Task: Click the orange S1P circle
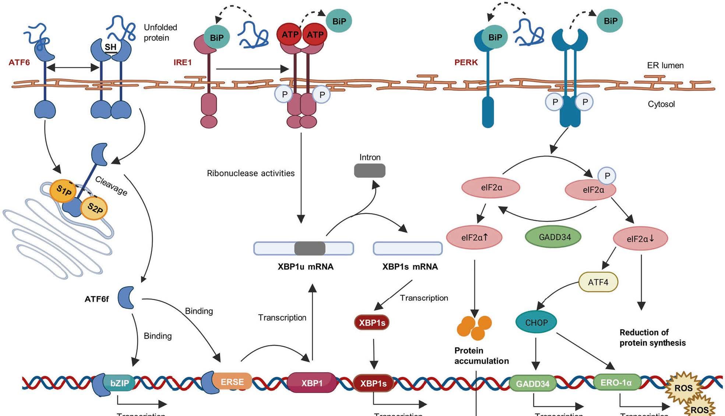[x=63, y=191]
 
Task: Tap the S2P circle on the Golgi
[x=94, y=209]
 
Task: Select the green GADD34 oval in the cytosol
[x=553, y=237]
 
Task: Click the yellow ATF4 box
[x=598, y=282]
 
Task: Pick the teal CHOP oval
[x=536, y=322]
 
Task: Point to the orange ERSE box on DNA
[x=232, y=382]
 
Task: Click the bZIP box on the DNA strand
[x=119, y=383]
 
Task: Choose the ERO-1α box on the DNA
[x=616, y=382]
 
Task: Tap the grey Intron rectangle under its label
[x=370, y=171]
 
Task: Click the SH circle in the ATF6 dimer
[x=110, y=47]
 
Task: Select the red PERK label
[x=466, y=62]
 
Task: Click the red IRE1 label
[x=183, y=62]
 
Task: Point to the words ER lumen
[x=665, y=66]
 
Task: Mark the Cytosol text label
[x=661, y=104]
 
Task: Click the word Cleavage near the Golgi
[x=111, y=186]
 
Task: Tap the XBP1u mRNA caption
[x=306, y=267]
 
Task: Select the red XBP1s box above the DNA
[x=372, y=322]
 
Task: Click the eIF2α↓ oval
[x=640, y=239]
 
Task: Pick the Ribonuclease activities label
[x=251, y=173]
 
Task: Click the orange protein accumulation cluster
[x=474, y=327]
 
